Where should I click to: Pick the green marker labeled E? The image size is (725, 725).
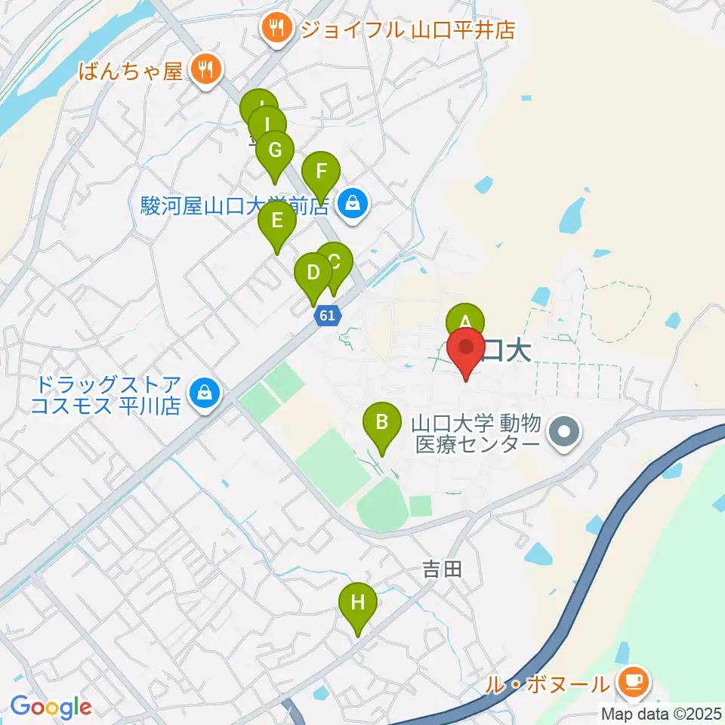pyautogui.click(x=276, y=221)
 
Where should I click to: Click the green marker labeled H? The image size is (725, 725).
pyautogui.click(x=358, y=603)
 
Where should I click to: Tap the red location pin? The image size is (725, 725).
pyautogui.click(x=467, y=348)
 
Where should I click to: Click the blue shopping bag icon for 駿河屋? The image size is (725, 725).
pyautogui.click(x=352, y=202)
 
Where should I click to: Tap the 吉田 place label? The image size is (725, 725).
pyautogui.click(x=442, y=569)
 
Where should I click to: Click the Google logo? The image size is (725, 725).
pyautogui.click(x=51, y=707)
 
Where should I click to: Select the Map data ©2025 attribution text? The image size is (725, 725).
pyautogui.click(x=662, y=714)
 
